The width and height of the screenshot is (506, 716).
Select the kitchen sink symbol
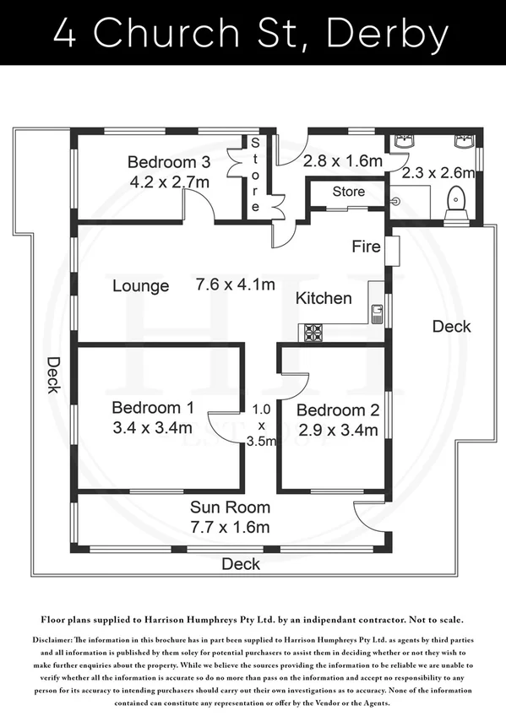[x=377, y=312]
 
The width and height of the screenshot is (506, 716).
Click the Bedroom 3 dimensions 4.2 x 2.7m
[x=169, y=181]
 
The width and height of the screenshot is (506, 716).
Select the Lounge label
[x=141, y=286]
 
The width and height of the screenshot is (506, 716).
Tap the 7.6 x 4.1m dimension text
[x=236, y=285]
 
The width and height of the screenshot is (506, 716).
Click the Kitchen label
[x=324, y=298]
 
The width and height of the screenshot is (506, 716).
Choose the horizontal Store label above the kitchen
[x=348, y=192]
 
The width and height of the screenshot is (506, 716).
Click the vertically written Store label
[x=255, y=176]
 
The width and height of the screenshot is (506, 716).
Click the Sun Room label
[x=230, y=507]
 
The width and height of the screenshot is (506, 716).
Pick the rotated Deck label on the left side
[x=53, y=375]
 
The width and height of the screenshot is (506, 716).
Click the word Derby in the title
[x=388, y=34]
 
